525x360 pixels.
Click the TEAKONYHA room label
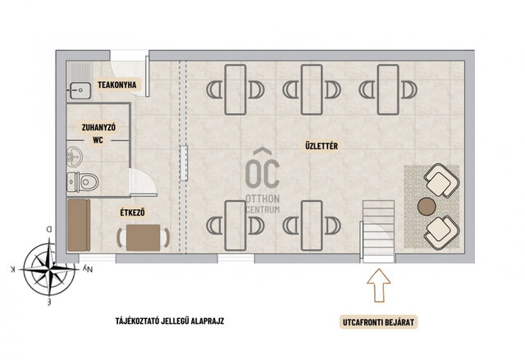117,84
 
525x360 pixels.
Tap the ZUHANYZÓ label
98,127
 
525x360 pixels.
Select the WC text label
98,140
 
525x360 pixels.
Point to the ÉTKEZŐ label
133,212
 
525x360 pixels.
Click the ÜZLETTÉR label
322,146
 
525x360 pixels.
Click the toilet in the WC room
83,182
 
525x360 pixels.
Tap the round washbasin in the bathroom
75,157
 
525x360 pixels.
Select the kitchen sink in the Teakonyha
80,90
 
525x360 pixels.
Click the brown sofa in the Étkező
79,225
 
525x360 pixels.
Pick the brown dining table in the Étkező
143,238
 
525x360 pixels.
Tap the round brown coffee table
427,207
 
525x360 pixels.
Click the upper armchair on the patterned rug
441,180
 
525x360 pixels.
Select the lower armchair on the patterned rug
441,233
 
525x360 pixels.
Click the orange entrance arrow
379,285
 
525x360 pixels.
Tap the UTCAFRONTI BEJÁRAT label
378,322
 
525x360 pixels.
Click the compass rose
49,269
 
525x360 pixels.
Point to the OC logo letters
262,173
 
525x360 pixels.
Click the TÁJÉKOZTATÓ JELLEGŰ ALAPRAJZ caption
170,321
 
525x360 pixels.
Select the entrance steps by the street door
378,231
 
